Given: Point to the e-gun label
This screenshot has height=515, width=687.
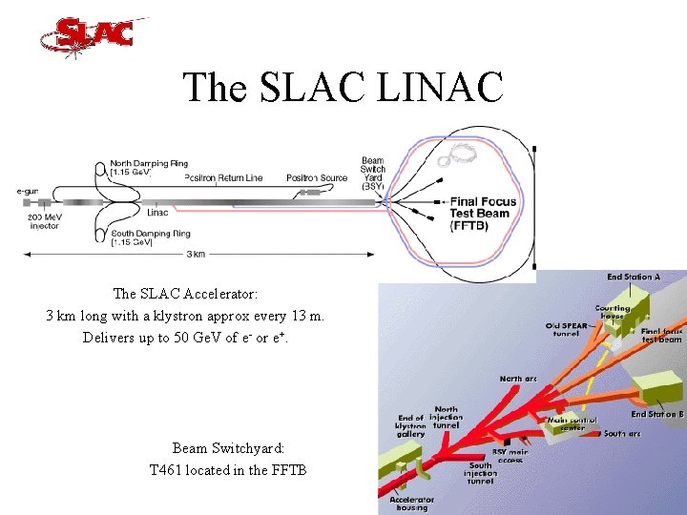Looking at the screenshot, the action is point(30,192).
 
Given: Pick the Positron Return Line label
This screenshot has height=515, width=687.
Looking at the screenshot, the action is point(223,178).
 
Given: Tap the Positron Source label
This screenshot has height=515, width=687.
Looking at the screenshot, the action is point(317,178).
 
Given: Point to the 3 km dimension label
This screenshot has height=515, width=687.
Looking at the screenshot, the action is point(194,254).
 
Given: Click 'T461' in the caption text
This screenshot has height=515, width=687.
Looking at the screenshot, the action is point(168,469).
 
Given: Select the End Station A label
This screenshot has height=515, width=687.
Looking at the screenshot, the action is point(633,278).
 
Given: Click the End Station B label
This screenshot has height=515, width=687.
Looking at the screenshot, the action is point(656,414).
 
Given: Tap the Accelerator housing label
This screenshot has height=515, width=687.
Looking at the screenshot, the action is point(413,503).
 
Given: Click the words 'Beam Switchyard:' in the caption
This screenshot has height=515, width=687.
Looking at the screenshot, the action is point(228,447).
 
